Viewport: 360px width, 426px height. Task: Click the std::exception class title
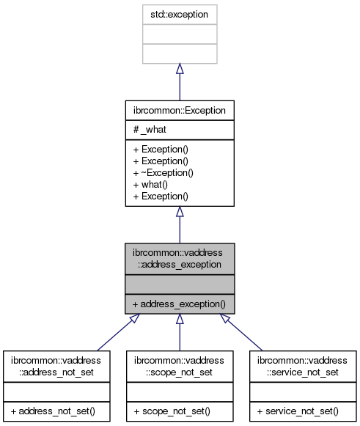[x=180, y=15]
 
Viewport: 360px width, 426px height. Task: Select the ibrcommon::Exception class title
[x=180, y=111]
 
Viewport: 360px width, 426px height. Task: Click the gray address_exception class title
[x=180, y=258]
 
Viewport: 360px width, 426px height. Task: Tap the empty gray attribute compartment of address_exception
[x=180, y=283]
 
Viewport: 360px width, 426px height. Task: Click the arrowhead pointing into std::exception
[x=180, y=69]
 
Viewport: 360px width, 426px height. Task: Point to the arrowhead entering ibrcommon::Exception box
[x=180, y=213]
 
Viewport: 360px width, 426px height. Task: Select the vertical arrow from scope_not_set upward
[x=180, y=337]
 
